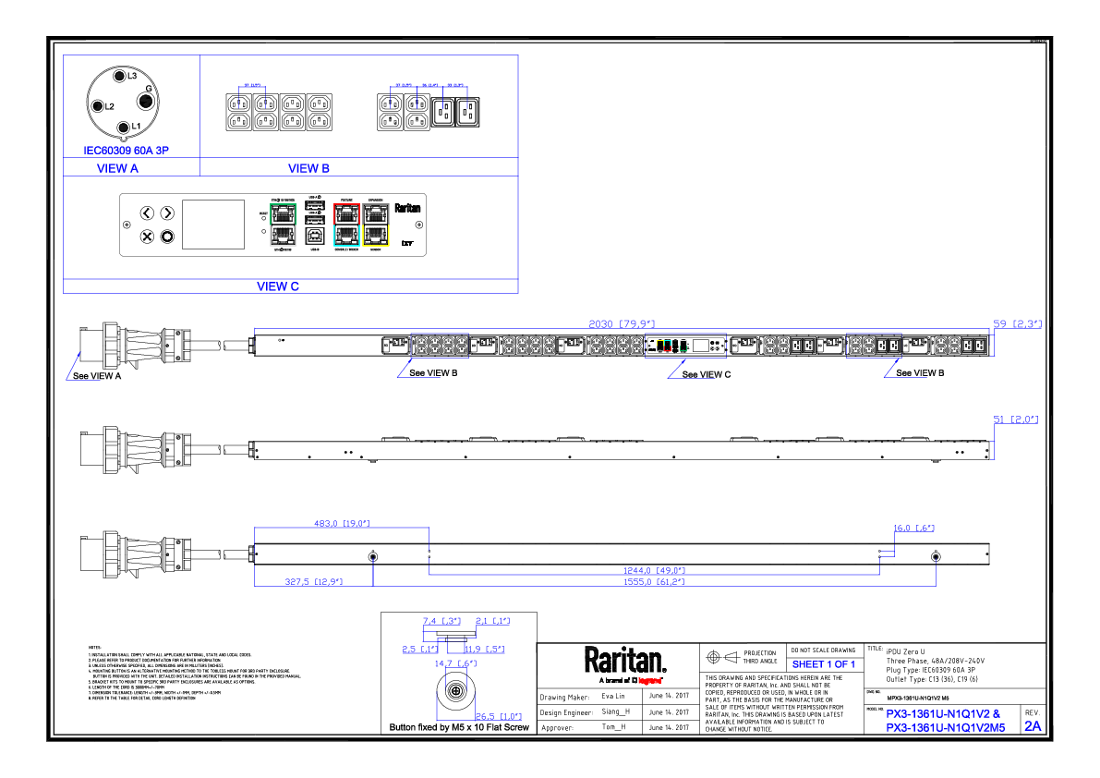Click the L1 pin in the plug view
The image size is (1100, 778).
(x=124, y=127)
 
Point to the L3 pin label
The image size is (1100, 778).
(x=131, y=75)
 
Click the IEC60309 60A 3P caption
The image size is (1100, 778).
(x=126, y=150)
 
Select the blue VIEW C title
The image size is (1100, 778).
(x=278, y=286)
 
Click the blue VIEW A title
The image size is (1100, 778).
(x=118, y=169)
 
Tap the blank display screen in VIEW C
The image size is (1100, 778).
(x=213, y=225)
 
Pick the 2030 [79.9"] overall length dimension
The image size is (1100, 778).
(x=622, y=323)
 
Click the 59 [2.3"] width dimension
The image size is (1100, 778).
(x=1017, y=323)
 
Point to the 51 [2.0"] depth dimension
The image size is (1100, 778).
(x=1016, y=419)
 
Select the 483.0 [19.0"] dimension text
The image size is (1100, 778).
(x=343, y=524)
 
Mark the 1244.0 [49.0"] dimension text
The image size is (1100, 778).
(x=652, y=570)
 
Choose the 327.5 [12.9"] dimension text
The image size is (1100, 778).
(x=313, y=582)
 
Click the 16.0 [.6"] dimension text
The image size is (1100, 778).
(x=913, y=529)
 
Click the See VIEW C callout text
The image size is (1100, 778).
(x=707, y=374)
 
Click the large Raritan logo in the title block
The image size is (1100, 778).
(x=624, y=661)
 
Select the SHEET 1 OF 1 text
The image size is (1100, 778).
(x=824, y=664)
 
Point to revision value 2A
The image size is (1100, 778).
(x=1032, y=726)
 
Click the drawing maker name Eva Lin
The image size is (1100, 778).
(x=613, y=696)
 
